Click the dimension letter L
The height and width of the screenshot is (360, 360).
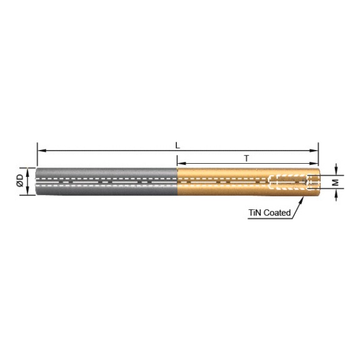(177, 144)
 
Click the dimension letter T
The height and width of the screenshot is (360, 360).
(247, 158)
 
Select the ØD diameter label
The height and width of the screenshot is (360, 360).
(20, 181)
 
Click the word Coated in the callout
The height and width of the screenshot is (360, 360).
(277, 212)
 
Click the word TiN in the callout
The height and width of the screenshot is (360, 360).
(255, 212)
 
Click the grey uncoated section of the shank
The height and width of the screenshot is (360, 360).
(106, 181)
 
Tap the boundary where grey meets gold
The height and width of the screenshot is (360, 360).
(177, 181)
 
